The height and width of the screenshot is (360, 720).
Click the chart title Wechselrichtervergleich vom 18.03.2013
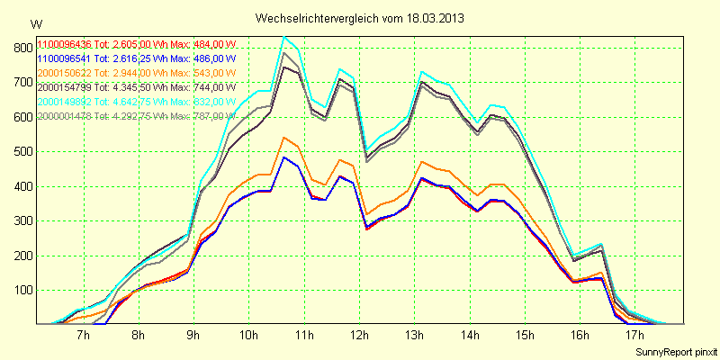coord(360,18)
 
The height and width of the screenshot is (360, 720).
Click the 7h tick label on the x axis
coord(84,336)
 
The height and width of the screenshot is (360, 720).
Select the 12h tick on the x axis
coord(359,336)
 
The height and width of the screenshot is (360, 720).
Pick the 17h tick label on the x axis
coord(635,336)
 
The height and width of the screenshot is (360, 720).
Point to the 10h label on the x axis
coord(249,336)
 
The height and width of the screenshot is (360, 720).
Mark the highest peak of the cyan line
coord(284,36)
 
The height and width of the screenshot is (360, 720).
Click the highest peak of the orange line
coord(284,137)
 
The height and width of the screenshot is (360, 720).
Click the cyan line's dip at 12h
coord(366,150)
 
